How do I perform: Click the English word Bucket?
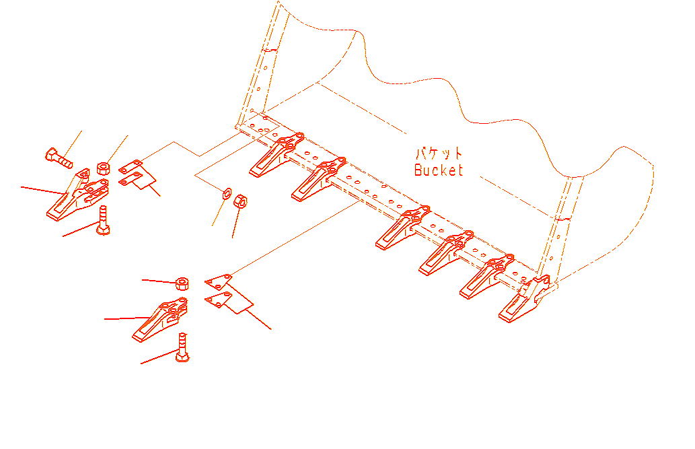[x=439, y=170]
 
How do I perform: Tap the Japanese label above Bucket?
[x=439, y=153]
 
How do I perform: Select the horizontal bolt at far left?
[x=59, y=158]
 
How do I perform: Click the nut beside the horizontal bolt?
[x=104, y=168]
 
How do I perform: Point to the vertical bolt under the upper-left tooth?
[x=104, y=220]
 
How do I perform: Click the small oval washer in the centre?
[x=227, y=194]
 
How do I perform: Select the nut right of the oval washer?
[x=240, y=202]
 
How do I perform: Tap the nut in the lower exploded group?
[x=182, y=283]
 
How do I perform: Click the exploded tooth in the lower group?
[x=160, y=320]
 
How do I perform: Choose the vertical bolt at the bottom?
[x=182, y=347]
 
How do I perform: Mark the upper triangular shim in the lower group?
[x=219, y=282]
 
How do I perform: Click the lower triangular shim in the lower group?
[x=219, y=300]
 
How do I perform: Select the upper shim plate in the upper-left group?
[x=131, y=167]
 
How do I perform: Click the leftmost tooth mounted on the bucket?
[x=277, y=155]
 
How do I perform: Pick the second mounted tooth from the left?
[x=319, y=179]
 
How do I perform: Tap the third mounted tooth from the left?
[x=403, y=228]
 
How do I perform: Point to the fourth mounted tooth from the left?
[x=446, y=253]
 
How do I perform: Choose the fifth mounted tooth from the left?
[x=487, y=277]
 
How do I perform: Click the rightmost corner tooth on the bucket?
[x=525, y=299]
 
